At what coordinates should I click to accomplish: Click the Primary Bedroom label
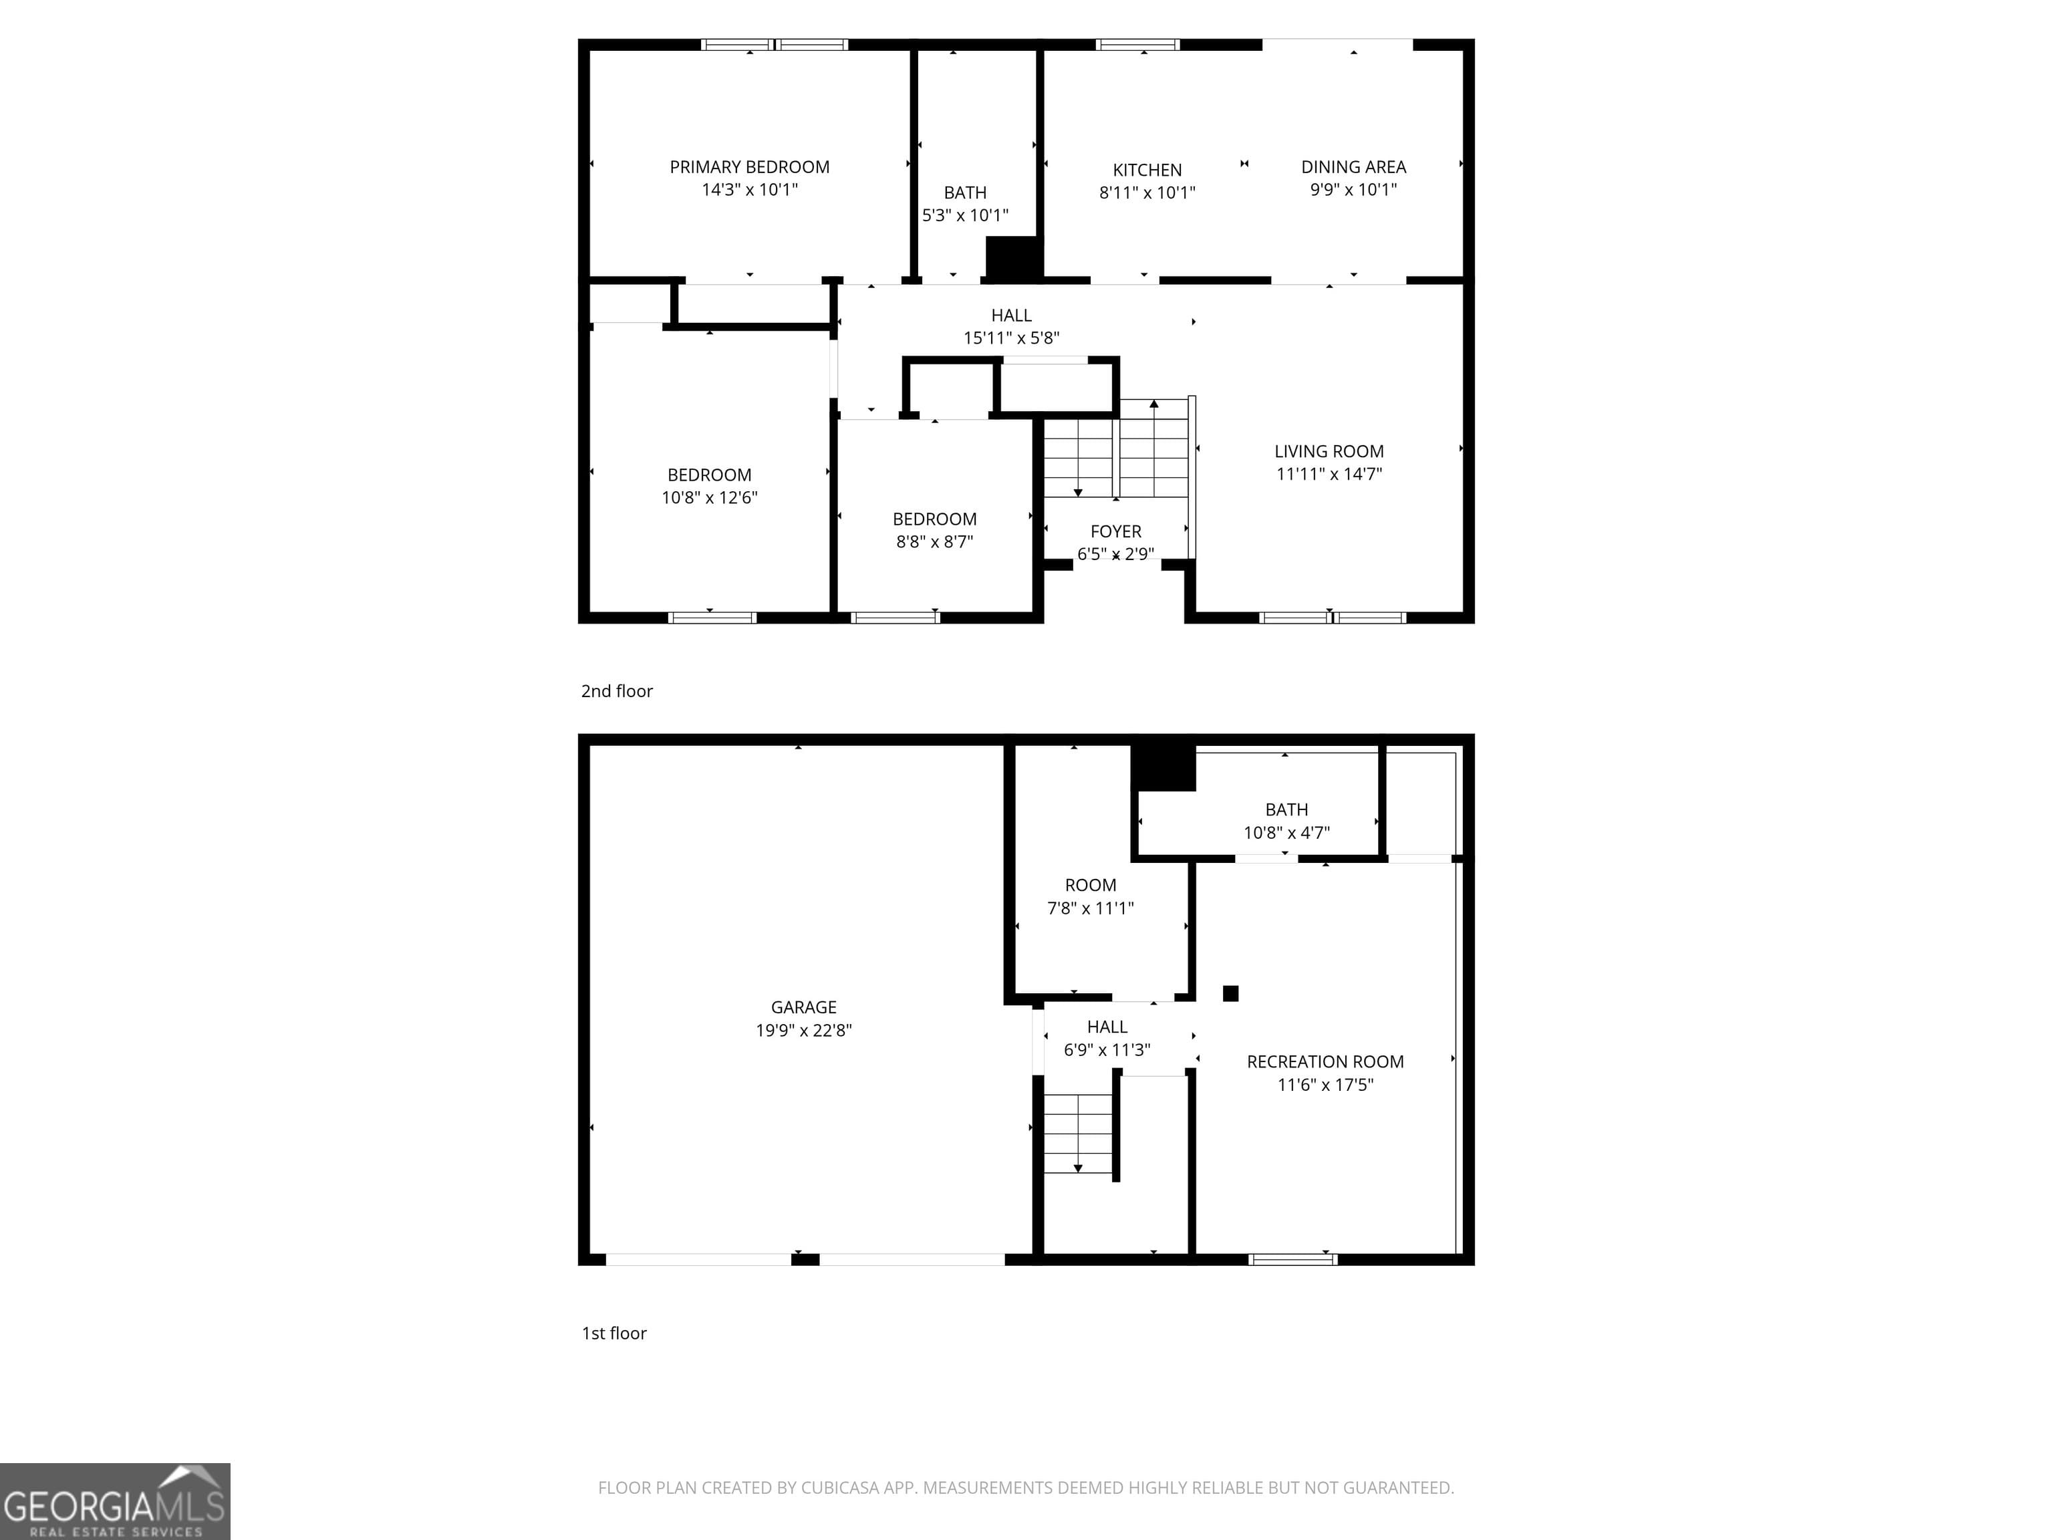(x=749, y=167)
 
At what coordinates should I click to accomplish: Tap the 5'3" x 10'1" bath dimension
(x=964, y=215)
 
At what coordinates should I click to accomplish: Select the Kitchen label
(x=1147, y=170)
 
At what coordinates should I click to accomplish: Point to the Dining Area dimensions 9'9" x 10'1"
(x=1353, y=189)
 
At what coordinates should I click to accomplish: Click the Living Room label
(x=1328, y=451)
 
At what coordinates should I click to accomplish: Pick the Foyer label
(x=1115, y=531)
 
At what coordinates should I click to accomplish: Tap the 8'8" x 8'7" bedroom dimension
(x=934, y=542)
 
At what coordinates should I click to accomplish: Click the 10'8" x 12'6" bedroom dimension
(x=709, y=497)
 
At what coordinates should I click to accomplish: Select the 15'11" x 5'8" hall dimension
(x=1010, y=338)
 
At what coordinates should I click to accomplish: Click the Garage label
(x=803, y=1007)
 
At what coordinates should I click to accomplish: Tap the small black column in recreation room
(x=1231, y=993)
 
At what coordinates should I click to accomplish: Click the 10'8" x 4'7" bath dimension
(x=1286, y=833)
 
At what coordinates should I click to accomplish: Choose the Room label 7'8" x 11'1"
(x=1091, y=886)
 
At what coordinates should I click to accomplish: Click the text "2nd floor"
(x=616, y=690)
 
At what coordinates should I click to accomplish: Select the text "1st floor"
(x=613, y=1333)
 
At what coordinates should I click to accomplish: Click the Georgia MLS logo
(x=114, y=1501)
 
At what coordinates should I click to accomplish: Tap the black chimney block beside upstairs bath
(x=1012, y=258)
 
